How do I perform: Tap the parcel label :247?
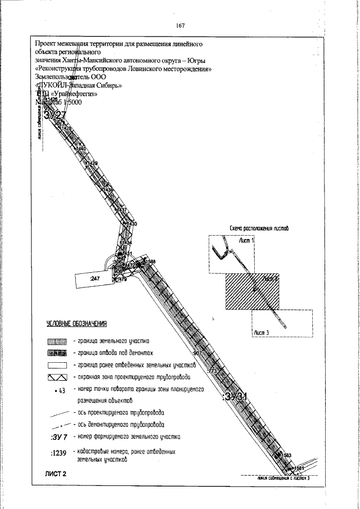click(94, 278)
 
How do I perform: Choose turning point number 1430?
click(132, 224)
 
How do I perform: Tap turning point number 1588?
click(150, 262)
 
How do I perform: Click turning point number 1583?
click(286, 455)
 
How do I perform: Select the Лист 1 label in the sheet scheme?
click(246, 240)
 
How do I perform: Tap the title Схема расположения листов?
click(259, 229)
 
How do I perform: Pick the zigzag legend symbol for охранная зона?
click(57, 377)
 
